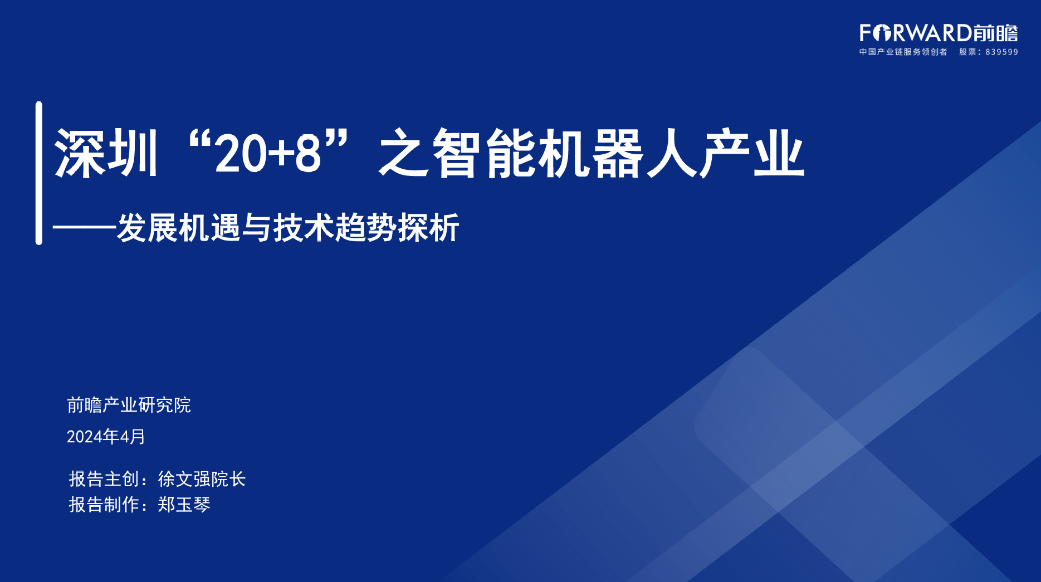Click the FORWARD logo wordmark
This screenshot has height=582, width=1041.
(916, 33)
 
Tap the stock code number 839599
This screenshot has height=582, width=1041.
(1001, 52)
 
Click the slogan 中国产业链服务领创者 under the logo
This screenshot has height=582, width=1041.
(903, 52)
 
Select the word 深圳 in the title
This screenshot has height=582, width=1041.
(106, 153)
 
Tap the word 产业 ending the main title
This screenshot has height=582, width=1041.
(752, 153)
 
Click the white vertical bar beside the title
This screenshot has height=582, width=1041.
(39, 173)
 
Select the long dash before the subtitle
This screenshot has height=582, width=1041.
(85, 227)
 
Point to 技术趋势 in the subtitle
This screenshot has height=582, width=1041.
(334, 227)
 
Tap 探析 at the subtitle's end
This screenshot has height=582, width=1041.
(428, 227)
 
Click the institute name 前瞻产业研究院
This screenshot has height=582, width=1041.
(129, 405)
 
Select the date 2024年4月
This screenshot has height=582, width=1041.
(106, 437)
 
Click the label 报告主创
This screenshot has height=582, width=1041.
(104, 479)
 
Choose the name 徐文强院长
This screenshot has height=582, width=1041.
(202, 479)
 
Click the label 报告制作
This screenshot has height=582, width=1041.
(104, 505)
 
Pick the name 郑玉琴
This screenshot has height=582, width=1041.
(184, 505)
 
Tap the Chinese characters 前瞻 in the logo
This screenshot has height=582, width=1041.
(996, 33)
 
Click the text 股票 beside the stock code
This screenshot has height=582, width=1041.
(967, 52)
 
